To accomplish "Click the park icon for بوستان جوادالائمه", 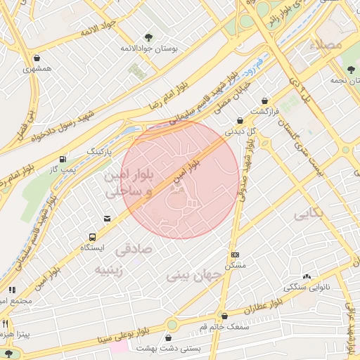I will click(x=148, y=37).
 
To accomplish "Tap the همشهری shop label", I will click(x=37, y=69).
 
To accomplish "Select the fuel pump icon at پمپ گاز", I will click(x=65, y=159).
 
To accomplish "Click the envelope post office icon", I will click(x=107, y=219).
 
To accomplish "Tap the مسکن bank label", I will click(x=235, y=265).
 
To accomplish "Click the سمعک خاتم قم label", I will click(x=224, y=327).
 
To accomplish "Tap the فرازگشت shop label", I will click(x=266, y=111).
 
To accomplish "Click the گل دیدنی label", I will click(x=239, y=131).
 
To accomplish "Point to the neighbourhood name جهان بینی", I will click(x=195, y=276).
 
